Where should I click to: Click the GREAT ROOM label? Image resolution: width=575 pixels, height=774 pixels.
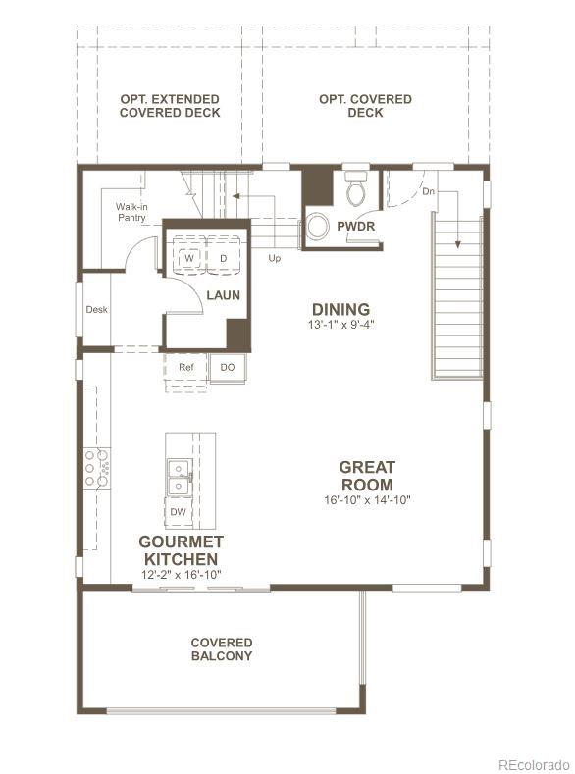[367, 476]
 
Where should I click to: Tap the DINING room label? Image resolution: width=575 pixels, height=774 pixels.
[340, 309]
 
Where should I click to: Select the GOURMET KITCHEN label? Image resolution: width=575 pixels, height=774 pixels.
[181, 549]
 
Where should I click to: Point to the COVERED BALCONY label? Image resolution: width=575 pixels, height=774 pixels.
[221, 649]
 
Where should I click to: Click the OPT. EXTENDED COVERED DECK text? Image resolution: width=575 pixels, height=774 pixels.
[169, 106]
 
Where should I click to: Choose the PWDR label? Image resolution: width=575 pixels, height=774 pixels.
[355, 226]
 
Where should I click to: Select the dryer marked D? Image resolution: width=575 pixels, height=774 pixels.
[223, 257]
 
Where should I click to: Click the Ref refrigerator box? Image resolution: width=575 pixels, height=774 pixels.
[185, 368]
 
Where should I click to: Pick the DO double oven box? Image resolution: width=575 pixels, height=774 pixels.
[227, 368]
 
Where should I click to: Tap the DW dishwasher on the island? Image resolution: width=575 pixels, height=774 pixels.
[178, 512]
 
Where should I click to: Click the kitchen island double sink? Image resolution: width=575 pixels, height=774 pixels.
[178, 477]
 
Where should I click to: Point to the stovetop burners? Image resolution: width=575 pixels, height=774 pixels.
[96, 468]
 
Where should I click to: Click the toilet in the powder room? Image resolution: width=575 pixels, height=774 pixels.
[355, 189]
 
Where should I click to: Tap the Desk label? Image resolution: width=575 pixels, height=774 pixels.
[96, 310]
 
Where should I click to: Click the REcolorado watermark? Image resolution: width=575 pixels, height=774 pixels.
[532, 764]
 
